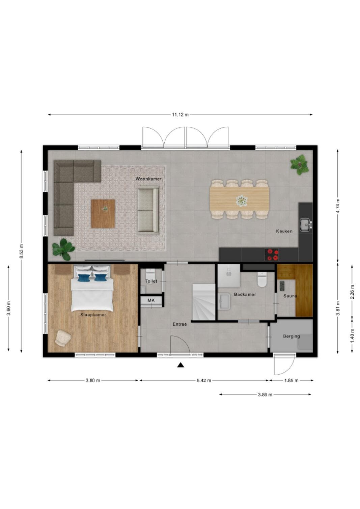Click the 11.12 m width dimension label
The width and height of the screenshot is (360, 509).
pos(180,115)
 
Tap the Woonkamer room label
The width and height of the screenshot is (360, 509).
pos(148,179)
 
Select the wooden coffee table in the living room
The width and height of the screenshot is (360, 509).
pos(103,214)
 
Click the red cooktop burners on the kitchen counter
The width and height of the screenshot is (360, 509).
pos(272,254)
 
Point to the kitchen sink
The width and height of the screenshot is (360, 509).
pos(305,224)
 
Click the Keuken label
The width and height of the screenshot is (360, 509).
pos(284,231)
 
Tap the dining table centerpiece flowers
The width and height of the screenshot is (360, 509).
pos(242,201)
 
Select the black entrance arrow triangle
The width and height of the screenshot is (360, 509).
pos(181,365)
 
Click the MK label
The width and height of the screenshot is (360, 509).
pos(151,300)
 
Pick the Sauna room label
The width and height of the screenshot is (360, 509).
pos(290,296)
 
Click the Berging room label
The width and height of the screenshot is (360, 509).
pos(291,336)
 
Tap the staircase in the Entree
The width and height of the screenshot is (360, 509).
pos(204,302)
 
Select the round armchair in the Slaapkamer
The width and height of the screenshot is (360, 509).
pos(63,338)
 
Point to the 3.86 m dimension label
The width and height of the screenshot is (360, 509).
pos(265,395)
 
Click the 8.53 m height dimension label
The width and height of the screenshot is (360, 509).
pos(21,251)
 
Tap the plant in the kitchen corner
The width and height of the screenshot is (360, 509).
pos(299,164)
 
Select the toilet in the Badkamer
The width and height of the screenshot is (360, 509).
pos(262,279)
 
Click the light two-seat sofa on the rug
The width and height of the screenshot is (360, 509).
pos(148,210)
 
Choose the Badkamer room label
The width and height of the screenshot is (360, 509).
pos(245,294)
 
